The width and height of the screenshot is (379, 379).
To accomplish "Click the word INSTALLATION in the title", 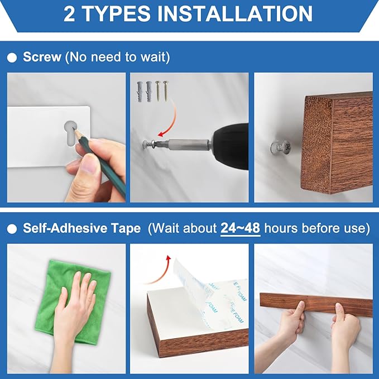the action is coord(234,13).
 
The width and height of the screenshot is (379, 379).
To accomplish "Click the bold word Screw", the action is coord(42,57).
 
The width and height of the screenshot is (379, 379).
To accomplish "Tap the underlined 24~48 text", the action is coord(240,228).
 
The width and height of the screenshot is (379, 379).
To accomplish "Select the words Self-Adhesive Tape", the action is coord(81,228).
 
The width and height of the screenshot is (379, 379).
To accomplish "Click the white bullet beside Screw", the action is coord(12,57).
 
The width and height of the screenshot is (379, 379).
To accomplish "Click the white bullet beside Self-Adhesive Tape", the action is coord(12,229).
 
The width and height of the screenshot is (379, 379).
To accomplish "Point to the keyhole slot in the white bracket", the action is coord(70,133).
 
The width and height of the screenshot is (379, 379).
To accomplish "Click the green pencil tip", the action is coord(75,131).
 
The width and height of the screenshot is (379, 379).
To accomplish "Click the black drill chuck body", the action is coord(231,146).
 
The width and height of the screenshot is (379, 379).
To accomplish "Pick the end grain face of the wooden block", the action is coord(316,145).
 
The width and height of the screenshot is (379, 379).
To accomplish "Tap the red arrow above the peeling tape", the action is coord(159,271).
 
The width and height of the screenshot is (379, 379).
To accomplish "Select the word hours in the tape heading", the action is coord(281,228).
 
